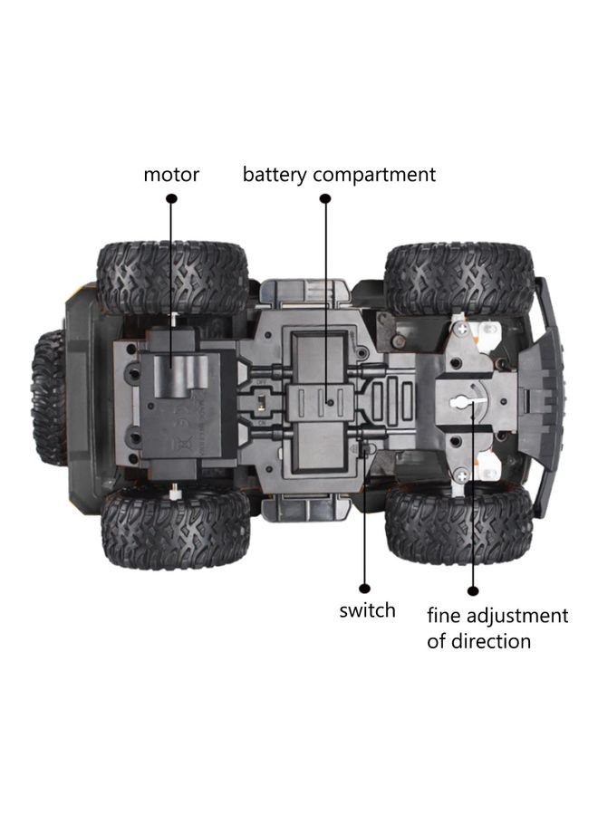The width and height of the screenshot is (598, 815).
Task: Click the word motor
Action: [171, 175]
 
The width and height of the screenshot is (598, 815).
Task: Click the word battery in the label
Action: [275, 175]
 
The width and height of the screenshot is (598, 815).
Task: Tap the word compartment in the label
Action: [374, 176]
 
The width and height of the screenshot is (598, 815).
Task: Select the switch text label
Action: [367, 610]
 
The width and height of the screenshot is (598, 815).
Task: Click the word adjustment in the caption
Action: [517, 616]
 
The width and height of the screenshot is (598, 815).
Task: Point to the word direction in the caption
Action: [491, 641]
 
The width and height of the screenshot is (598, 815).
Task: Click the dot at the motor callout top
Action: [171, 198]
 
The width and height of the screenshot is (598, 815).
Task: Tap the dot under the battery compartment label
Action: [325, 198]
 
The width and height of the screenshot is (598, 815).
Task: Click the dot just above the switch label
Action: [365, 589]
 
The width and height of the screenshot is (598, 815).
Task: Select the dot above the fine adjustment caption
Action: [473, 590]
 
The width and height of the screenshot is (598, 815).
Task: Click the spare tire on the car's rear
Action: [48, 398]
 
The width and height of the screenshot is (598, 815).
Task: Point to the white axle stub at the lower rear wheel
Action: [176, 491]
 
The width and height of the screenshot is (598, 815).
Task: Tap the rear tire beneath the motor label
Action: [173, 278]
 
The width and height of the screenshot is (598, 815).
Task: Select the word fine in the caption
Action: [445, 616]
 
